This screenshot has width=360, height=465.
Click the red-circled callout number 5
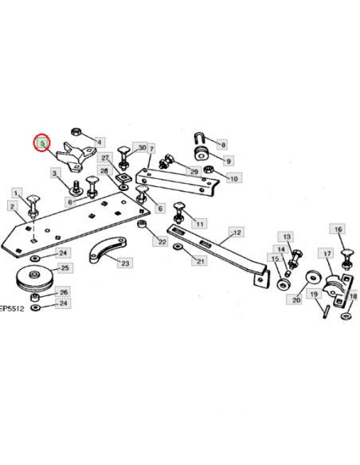coord(42,143)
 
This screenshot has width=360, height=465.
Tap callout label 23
coord(125,263)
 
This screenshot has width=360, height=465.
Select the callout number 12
coord(237,232)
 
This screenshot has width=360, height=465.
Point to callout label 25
coord(65,268)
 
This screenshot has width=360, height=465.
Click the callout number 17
coord(327,253)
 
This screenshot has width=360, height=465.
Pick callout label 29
coord(194,171)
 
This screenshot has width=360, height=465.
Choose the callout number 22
coord(162,242)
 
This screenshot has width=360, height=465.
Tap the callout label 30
coord(142,147)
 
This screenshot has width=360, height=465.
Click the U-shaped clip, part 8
coord(200,139)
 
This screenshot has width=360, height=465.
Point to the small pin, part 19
coord(327,311)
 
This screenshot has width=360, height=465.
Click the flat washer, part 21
coord(178,246)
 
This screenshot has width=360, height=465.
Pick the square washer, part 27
coord(123,178)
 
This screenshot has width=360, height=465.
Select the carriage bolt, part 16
coord(346,260)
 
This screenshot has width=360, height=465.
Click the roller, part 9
coord(202,154)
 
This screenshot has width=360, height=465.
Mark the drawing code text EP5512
coord(11,308)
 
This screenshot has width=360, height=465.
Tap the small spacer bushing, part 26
coord(35,297)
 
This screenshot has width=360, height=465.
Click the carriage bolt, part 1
coord(33,205)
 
